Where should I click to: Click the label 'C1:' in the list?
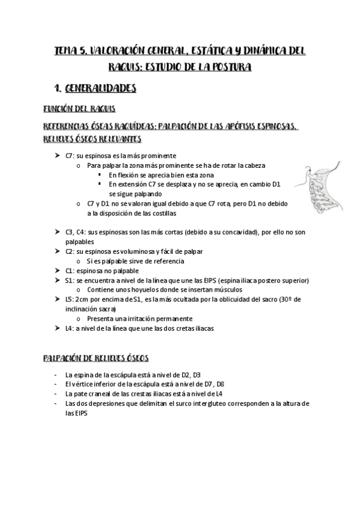pos(70,271)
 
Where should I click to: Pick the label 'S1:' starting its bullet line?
pos(70,280)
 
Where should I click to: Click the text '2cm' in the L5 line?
pos(83,300)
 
